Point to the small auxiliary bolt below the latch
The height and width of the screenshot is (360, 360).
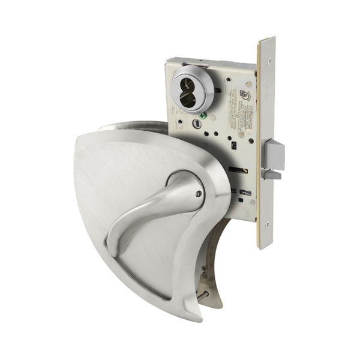coord(271,175)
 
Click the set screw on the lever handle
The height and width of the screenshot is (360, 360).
coord(199,194)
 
